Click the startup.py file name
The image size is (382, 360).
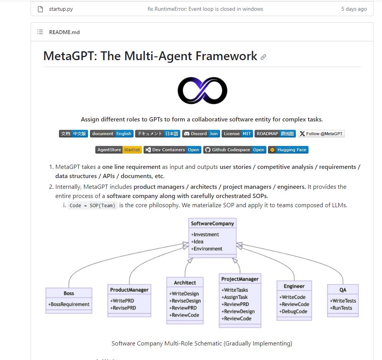[60, 9]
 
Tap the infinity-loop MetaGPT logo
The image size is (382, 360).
[202, 91]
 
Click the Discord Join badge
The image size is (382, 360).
[201, 134]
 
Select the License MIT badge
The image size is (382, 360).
[237, 134]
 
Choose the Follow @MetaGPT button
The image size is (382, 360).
[321, 134]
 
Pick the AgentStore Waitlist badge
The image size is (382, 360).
[119, 150]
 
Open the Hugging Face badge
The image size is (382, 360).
[288, 150]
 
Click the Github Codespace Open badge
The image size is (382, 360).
[234, 150]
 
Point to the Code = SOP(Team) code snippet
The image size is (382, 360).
[92, 205]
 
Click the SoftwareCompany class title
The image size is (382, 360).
[212, 224]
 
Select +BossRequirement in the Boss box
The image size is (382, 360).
[69, 304]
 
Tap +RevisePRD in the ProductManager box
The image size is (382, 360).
[123, 308]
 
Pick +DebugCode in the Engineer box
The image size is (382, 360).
[294, 311]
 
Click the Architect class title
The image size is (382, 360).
[185, 283]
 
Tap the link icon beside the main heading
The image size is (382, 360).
[263, 57]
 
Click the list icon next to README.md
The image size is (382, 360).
[40, 32]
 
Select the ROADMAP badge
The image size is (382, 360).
[275, 134]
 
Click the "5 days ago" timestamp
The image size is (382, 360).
[354, 9]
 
